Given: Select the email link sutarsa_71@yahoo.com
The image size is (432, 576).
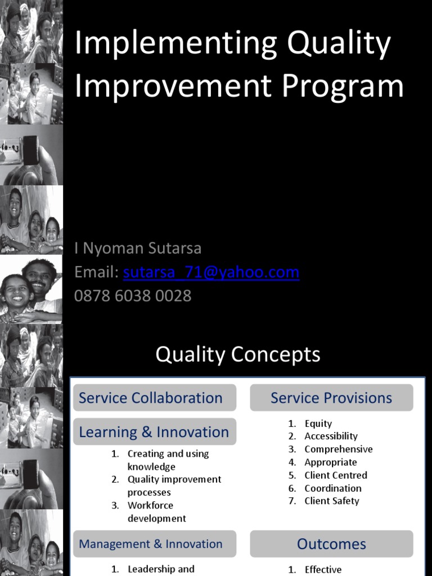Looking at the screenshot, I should click(211, 273).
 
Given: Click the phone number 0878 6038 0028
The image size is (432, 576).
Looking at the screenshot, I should click(133, 296).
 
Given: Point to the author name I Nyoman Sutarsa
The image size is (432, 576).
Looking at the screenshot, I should click(138, 248).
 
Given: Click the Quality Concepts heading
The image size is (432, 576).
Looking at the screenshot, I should click(238, 354).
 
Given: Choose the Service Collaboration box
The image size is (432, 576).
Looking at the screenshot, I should click(154, 398).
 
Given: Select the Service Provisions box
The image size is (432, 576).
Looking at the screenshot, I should click(331, 398).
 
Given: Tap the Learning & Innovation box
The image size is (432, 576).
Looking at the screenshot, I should click(154, 432).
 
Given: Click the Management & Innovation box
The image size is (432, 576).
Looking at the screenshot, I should click(154, 544).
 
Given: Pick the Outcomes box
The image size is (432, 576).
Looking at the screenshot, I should click(331, 544).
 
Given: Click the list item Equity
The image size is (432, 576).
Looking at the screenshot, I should click(318, 424).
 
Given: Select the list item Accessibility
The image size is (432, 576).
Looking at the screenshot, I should click(331, 436).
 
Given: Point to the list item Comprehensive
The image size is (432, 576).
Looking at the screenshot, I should click(338, 449).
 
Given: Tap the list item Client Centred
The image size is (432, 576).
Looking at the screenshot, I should click(336, 475).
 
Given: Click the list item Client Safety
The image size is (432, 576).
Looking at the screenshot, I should click(332, 501).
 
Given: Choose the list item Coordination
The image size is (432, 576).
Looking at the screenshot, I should click(333, 488).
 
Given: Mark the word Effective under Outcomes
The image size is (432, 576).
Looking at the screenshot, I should click(323, 569).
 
